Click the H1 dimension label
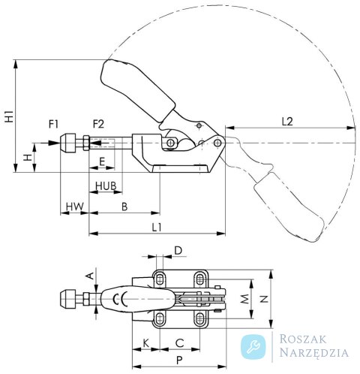[x=9, y=116]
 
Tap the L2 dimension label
[x=287, y=122]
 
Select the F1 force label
[x=53, y=124]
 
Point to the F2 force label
[x=98, y=124]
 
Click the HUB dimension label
[x=106, y=185]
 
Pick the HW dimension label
[x=75, y=207]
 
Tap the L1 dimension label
[x=157, y=228]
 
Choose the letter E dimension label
[x=102, y=162]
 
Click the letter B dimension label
[x=124, y=207]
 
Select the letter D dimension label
[x=178, y=250]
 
